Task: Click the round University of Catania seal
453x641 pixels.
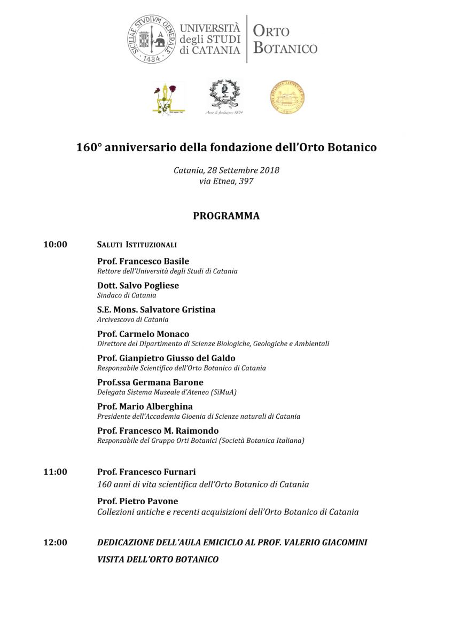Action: (151, 39)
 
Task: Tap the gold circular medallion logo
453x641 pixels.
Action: (287, 97)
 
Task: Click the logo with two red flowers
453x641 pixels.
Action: (168, 98)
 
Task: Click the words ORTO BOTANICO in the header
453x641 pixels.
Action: (285, 39)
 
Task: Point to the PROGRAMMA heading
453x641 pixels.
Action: (226, 216)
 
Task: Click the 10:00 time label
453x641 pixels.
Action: (55, 245)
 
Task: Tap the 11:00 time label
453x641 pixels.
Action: (55, 472)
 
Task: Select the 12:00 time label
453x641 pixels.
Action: (55, 543)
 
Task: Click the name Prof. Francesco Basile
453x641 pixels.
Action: (143, 261)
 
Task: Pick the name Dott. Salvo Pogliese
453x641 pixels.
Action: (138, 285)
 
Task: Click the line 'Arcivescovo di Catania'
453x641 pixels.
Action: (132, 319)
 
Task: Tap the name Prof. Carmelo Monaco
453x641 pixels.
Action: (143, 334)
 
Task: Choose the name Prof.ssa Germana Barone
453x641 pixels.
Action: (150, 382)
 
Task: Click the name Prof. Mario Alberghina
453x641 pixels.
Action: (145, 407)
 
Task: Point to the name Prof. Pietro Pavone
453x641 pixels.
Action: (137, 501)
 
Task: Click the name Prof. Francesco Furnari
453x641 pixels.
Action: (146, 472)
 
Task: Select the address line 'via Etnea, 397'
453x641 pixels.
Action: (226, 181)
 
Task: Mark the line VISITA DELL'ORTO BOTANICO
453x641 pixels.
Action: (158, 559)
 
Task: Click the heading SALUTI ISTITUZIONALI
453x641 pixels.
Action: (137, 245)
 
